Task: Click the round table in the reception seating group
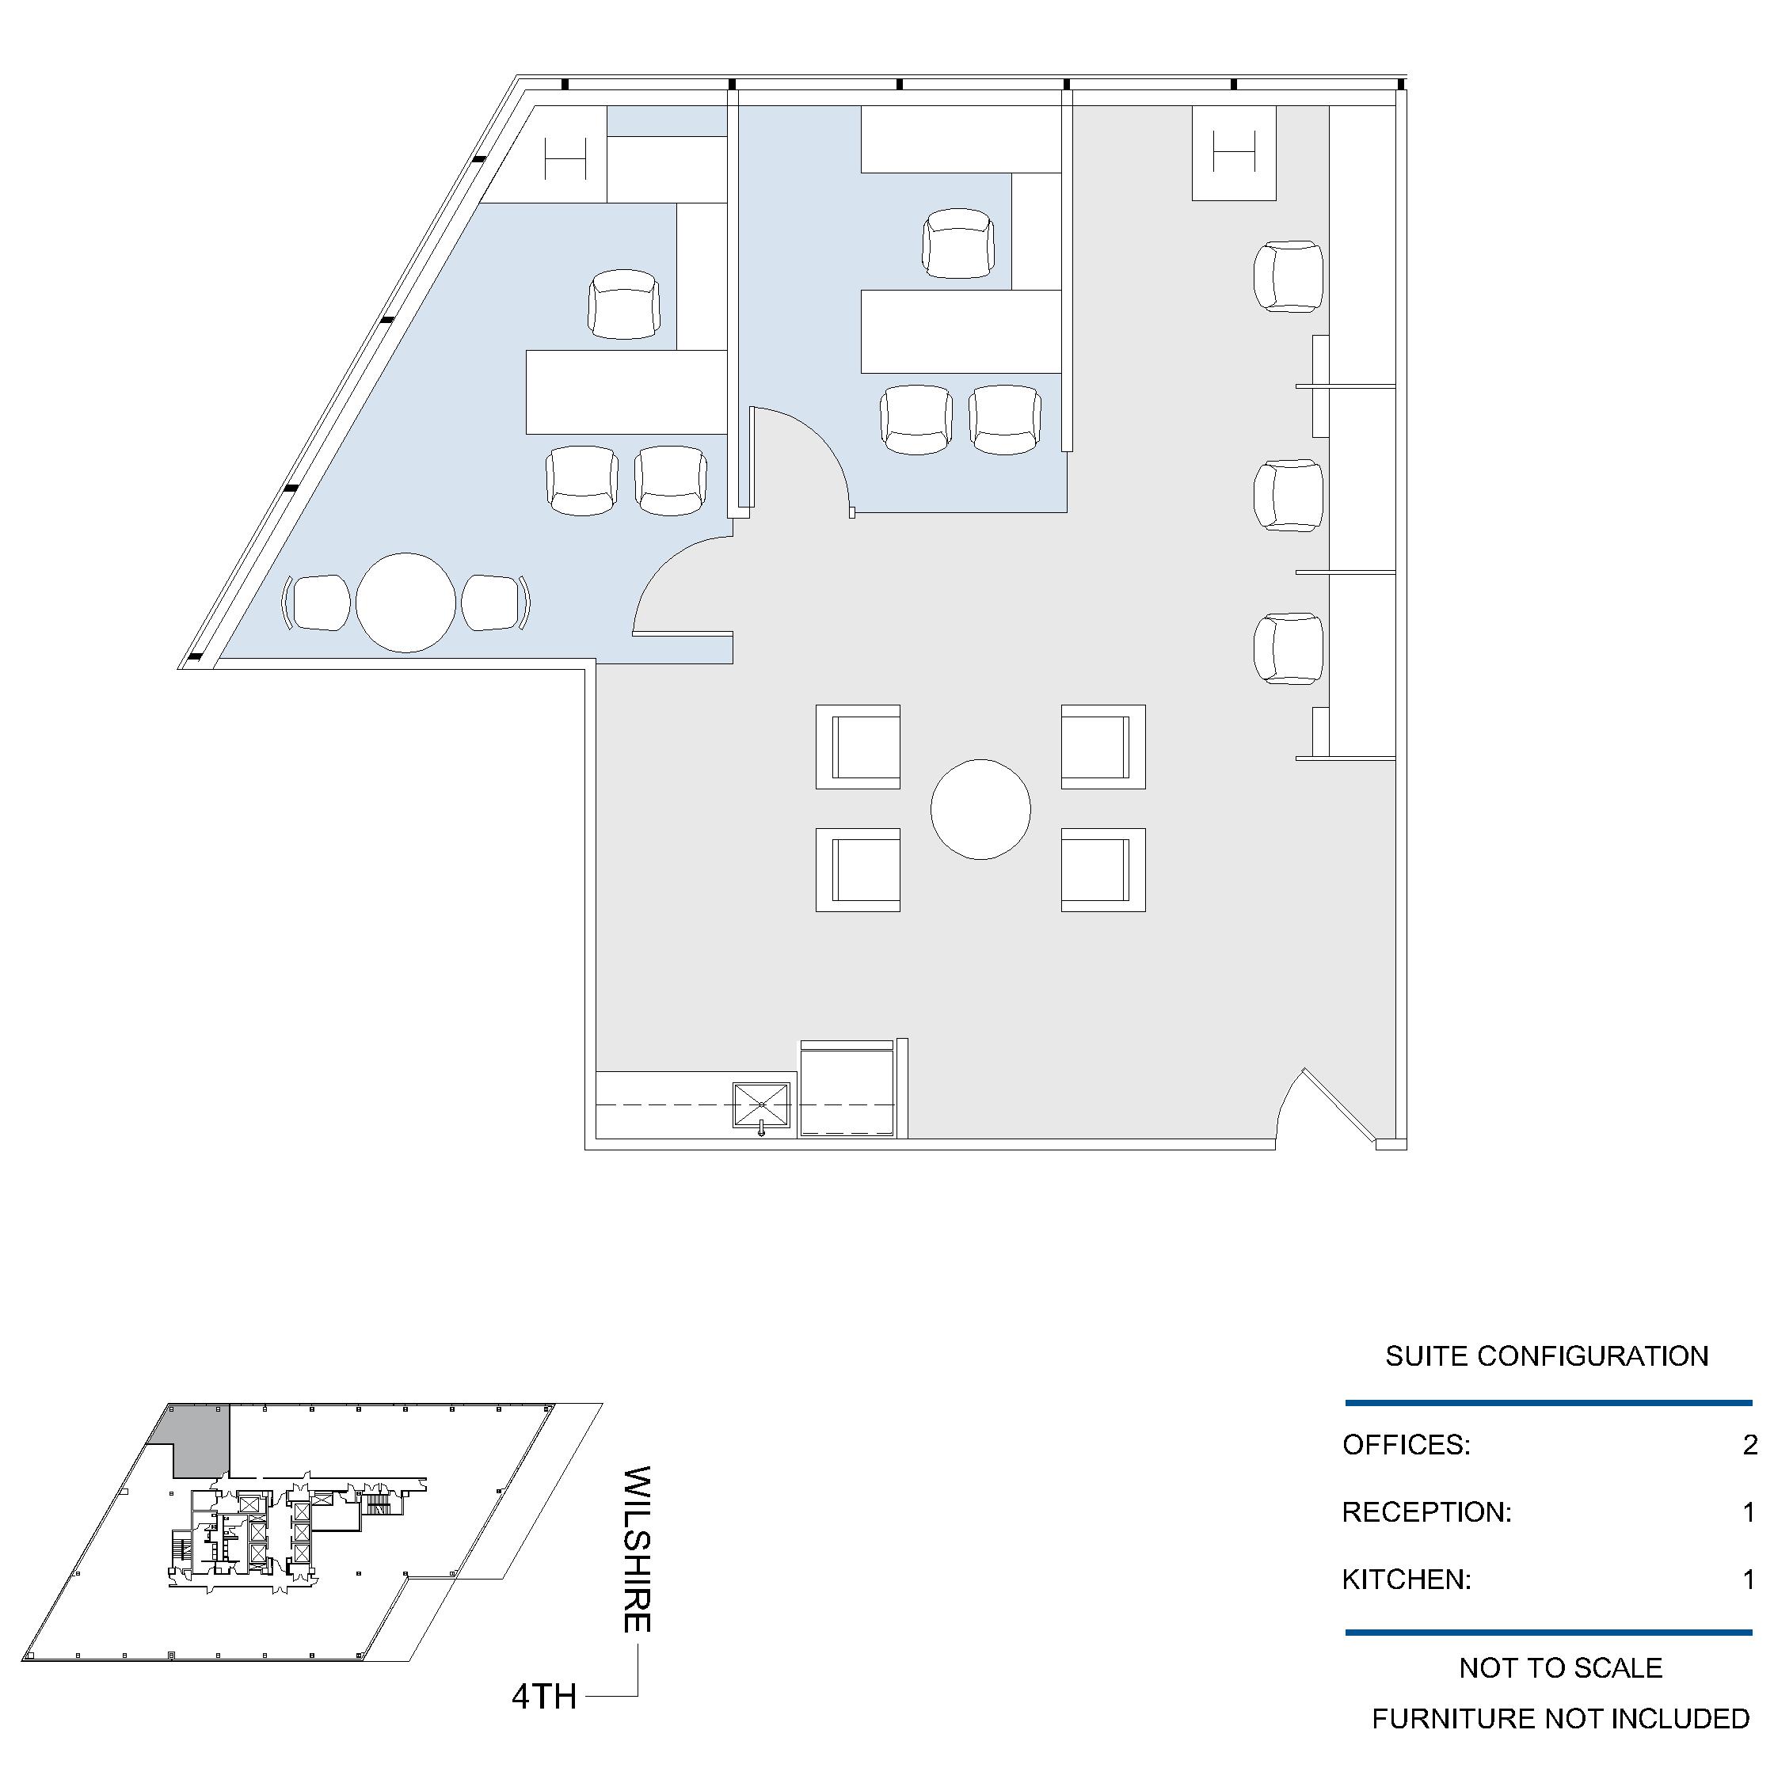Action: (x=980, y=809)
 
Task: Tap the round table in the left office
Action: (x=406, y=603)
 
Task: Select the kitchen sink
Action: (x=761, y=1105)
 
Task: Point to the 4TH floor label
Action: (x=545, y=1696)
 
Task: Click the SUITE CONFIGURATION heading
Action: (x=1547, y=1355)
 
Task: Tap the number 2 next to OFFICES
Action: (x=1750, y=1445)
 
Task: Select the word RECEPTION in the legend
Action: (x=1427, y=1512)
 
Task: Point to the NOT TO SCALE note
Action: (x=1561, y=1667)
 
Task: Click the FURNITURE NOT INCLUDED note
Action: (x=1561, y=1718)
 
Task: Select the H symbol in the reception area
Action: (x=1234, y=151)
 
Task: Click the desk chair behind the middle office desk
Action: (x=958, y=243)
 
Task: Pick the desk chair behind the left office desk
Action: (x=625, y=303)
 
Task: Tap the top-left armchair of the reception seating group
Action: (x=858, y=747)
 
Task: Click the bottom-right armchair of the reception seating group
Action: (x=1103, y=869)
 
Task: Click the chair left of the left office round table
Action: (x=317, y=603)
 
